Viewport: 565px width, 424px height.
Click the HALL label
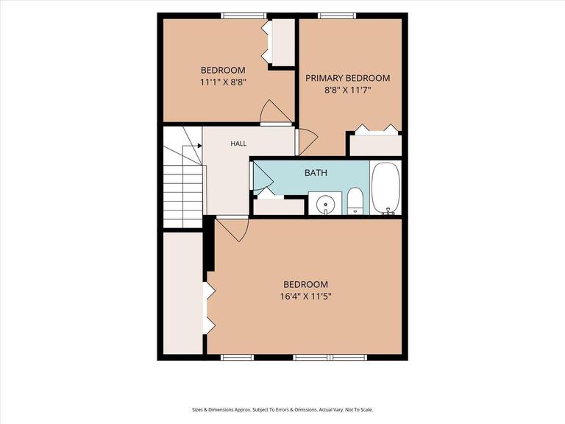tap(238, 144)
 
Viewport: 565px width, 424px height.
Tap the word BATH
tap(316, 173)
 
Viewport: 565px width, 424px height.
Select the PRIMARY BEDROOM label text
tap(348, 78)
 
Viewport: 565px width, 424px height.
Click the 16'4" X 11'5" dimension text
tap(305, 297)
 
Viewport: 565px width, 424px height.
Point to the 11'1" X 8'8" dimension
tap(223, 82)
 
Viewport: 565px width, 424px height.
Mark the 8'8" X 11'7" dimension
tap(348, 90)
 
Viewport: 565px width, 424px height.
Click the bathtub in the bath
tap(386, 188)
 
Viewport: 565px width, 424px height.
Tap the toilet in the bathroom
tap(355, 201)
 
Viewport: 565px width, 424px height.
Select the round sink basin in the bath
tap(325, 204)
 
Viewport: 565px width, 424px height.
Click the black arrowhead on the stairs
tap(199, 146)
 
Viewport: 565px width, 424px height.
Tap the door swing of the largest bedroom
tap(233, 230)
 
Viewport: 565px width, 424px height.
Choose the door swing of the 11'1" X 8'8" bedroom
tap(276, 111)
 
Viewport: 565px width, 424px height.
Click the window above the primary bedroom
tap(337, 15)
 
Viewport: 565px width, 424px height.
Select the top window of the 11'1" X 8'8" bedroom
tap(244, 15)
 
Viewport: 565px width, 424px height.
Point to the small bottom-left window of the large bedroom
tap(237, 357)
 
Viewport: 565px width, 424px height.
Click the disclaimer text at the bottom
tap(282, 410)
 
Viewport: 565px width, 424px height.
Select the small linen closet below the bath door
tap(280, 207)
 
